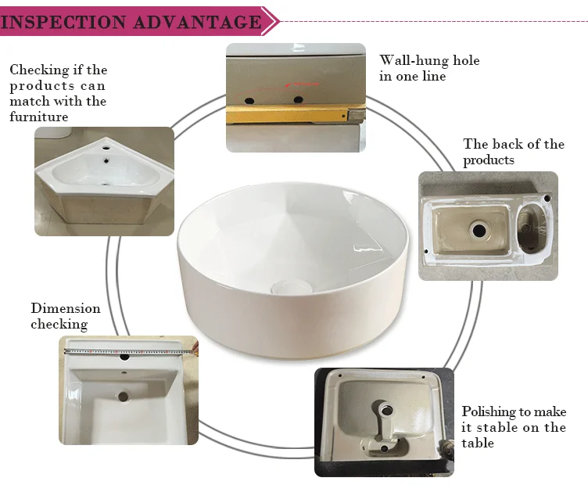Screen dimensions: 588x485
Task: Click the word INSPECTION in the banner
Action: [63, 22]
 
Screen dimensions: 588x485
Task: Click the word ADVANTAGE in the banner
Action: [197, 22]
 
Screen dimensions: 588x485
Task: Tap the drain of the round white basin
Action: [292, 287]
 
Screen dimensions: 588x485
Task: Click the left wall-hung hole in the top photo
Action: [249, 101]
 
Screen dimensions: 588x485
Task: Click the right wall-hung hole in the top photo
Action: [298, 100]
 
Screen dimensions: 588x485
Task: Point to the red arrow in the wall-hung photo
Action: [303, 84]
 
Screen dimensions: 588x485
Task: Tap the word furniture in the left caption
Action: [38, 117]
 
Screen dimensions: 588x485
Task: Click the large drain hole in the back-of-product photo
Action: [479, 230]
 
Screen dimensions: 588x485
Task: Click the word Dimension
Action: [66, 308]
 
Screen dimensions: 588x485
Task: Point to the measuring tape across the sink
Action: [129, 352]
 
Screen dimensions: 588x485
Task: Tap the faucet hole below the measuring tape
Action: [124, 357]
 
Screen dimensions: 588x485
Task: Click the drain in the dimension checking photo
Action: [123, 397]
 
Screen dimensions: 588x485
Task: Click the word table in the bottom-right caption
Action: [478, 443]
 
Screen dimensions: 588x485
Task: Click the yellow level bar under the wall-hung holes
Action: [288, 114]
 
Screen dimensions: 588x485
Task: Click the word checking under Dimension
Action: [59, 324]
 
